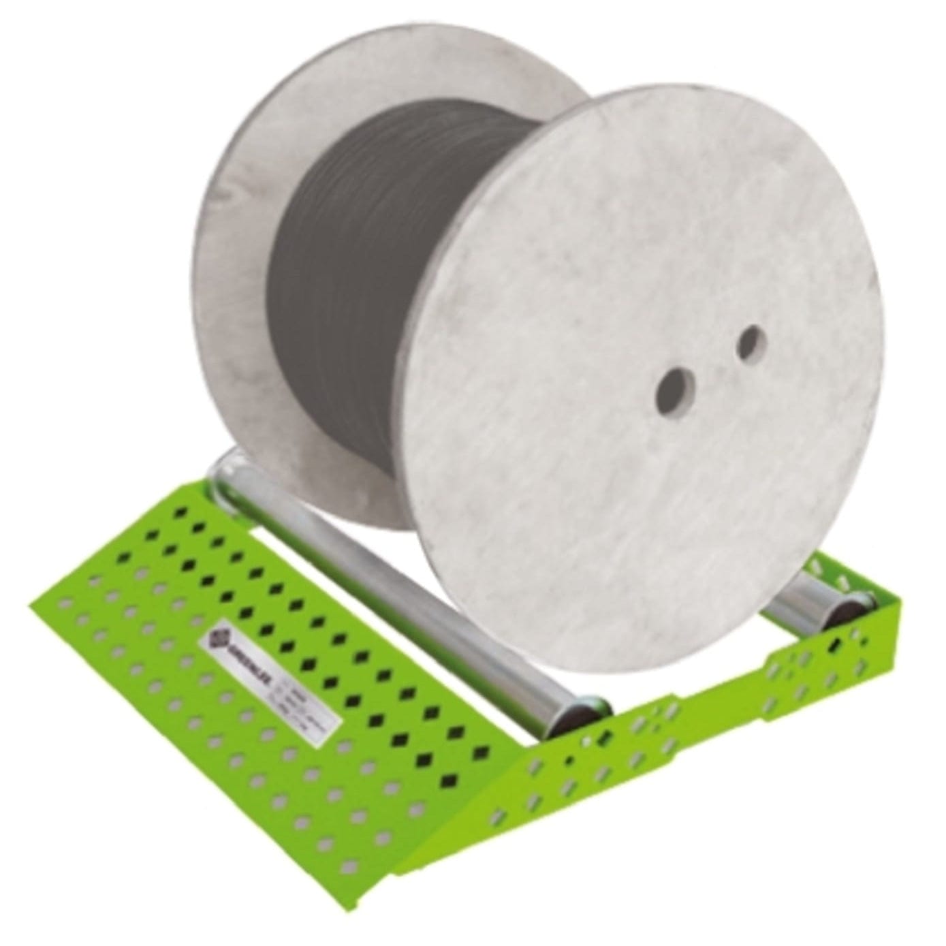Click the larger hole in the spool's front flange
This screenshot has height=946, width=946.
[x=672, y=390]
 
